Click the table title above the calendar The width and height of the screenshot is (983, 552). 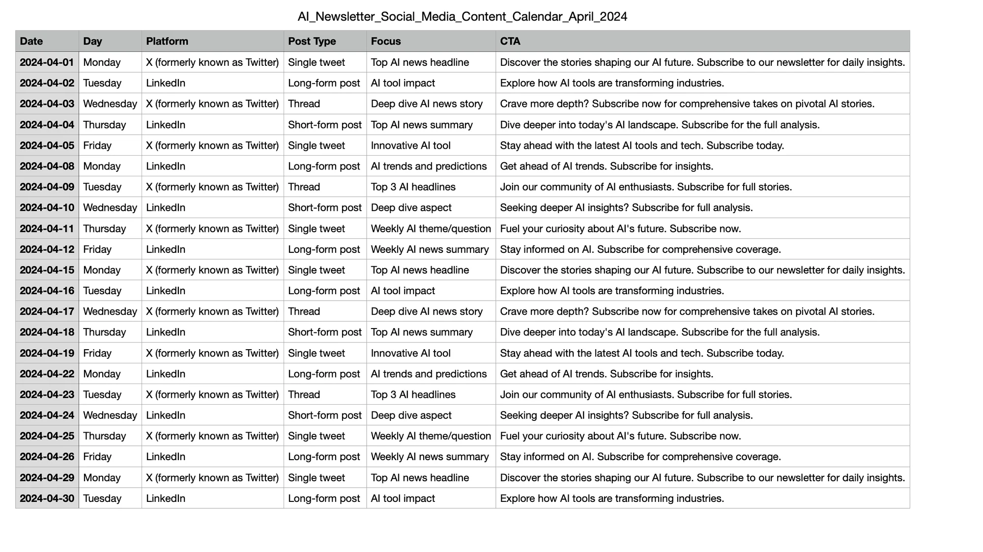coord(462,17)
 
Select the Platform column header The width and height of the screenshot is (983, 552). coord(167,41)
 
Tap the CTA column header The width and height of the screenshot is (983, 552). coord(510,41)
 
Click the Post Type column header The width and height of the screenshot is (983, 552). coord(312,41)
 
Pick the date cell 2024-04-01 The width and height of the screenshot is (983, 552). coord(47,62)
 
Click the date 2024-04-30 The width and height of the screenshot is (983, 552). coord(47,498)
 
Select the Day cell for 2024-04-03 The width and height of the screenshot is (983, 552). coord(110,104)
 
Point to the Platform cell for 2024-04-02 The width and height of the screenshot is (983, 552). coord(166,83)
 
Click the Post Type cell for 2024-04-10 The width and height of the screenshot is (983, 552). coord(324,208)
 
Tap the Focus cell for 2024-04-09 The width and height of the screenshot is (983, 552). coord(413,187)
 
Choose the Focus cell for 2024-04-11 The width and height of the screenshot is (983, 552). coord(431,229)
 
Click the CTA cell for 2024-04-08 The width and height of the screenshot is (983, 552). coord(607,166)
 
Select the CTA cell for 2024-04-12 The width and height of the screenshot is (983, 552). coord(640,249)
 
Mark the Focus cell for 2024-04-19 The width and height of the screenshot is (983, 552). coord(410,353)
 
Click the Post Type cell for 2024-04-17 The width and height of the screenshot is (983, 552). coord(304,311)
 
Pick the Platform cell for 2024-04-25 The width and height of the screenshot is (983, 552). coord(212,436)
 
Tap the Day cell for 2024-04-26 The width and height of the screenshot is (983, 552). coord(97,457)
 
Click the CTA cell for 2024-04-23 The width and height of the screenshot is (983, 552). coord(646,395)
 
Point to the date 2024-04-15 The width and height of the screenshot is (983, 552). coord(47,270)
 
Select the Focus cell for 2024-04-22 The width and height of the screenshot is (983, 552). coord(429,374)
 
